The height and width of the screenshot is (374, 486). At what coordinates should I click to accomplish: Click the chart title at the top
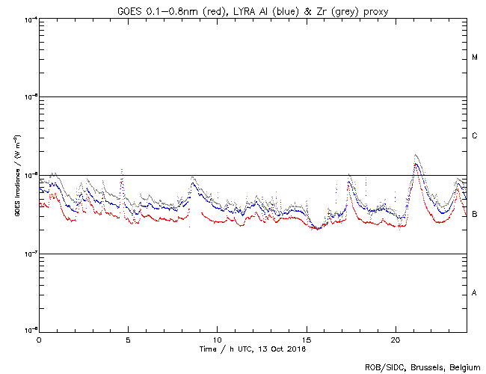coord(252,10)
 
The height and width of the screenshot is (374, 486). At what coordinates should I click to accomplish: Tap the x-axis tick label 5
coord(128,340)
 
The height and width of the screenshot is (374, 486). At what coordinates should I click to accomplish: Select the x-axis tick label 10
coord(217,340)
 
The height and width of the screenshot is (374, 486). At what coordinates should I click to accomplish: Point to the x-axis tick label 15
coord(306,340)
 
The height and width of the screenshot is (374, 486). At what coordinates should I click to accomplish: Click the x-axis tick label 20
coord(395,340)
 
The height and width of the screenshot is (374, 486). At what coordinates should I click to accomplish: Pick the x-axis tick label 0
coord(39,340)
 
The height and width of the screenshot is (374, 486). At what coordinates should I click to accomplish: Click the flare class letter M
coord(475,58)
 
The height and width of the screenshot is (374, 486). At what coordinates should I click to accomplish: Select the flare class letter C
coord(475,136)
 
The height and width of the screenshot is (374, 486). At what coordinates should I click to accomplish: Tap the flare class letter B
coord(475,215)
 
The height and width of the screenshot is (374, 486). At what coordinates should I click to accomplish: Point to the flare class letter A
coord(475,293)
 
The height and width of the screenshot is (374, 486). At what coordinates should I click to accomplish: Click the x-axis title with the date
coord(253,349)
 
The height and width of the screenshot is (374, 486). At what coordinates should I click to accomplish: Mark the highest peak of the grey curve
coord(415,155)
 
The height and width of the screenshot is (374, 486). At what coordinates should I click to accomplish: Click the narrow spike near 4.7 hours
coord(122,171)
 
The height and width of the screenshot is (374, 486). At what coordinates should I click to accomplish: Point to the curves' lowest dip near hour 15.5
coord(316,228)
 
